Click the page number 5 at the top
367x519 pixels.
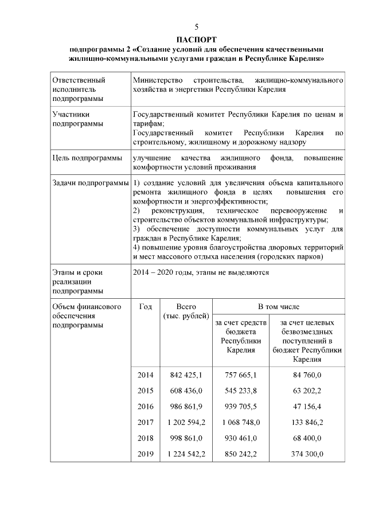pyautogui.click(x=196, y=28)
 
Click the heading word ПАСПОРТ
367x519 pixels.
pyautogui.click(x=196, y=40)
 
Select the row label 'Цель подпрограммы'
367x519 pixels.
pyautogui.click(x=87, y=158)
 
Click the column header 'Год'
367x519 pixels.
pyautogui.click(x=146, y=307)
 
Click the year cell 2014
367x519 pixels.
pyautogui.click(x=146, y=375)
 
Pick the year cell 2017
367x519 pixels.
pyautogui.click(x=146, y=422)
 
